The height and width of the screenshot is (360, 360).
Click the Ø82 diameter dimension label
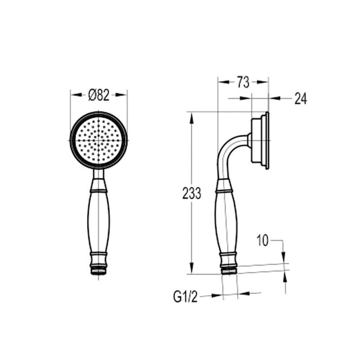pyautogui.click(x=99, y=95)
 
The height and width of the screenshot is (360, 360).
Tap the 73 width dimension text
pyautogui.click(x=243, y=82)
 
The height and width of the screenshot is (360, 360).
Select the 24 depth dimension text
pyautogui.click(x=300, y=99)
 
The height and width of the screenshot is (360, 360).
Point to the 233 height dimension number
pyautogui.click(x=191, y=193)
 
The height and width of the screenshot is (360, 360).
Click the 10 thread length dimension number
pyautogui.click(x=263, y=241)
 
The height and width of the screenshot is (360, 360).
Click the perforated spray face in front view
pyautogui.click(x=99, y=140)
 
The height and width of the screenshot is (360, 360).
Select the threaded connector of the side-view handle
pyautogui.click(x=228, y=268)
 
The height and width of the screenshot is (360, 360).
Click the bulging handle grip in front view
pyautogui.click(x=99, y=221)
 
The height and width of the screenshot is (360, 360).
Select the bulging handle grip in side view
pyautogui.click(x=226, y=221)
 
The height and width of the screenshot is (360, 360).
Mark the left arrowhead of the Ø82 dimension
pyautogui.click(x=74, y=95)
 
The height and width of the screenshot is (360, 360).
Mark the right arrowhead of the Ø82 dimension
pyautogui.click(x=123, y=95)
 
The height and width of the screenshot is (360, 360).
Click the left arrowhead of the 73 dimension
pyautogui.click(x=221, y=81)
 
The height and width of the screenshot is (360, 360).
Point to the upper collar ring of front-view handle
pyautogui.click(x=99, y=190)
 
